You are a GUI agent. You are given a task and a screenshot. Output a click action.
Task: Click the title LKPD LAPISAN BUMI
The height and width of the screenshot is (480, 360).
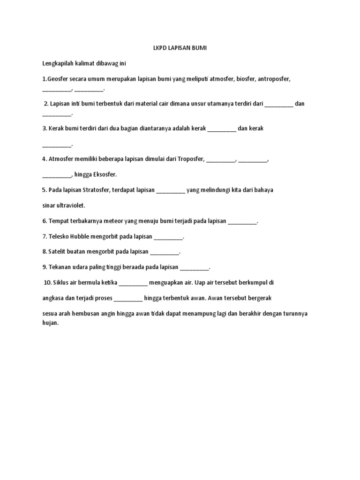180,48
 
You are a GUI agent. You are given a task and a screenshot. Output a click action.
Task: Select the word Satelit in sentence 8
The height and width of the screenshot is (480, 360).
58,252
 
